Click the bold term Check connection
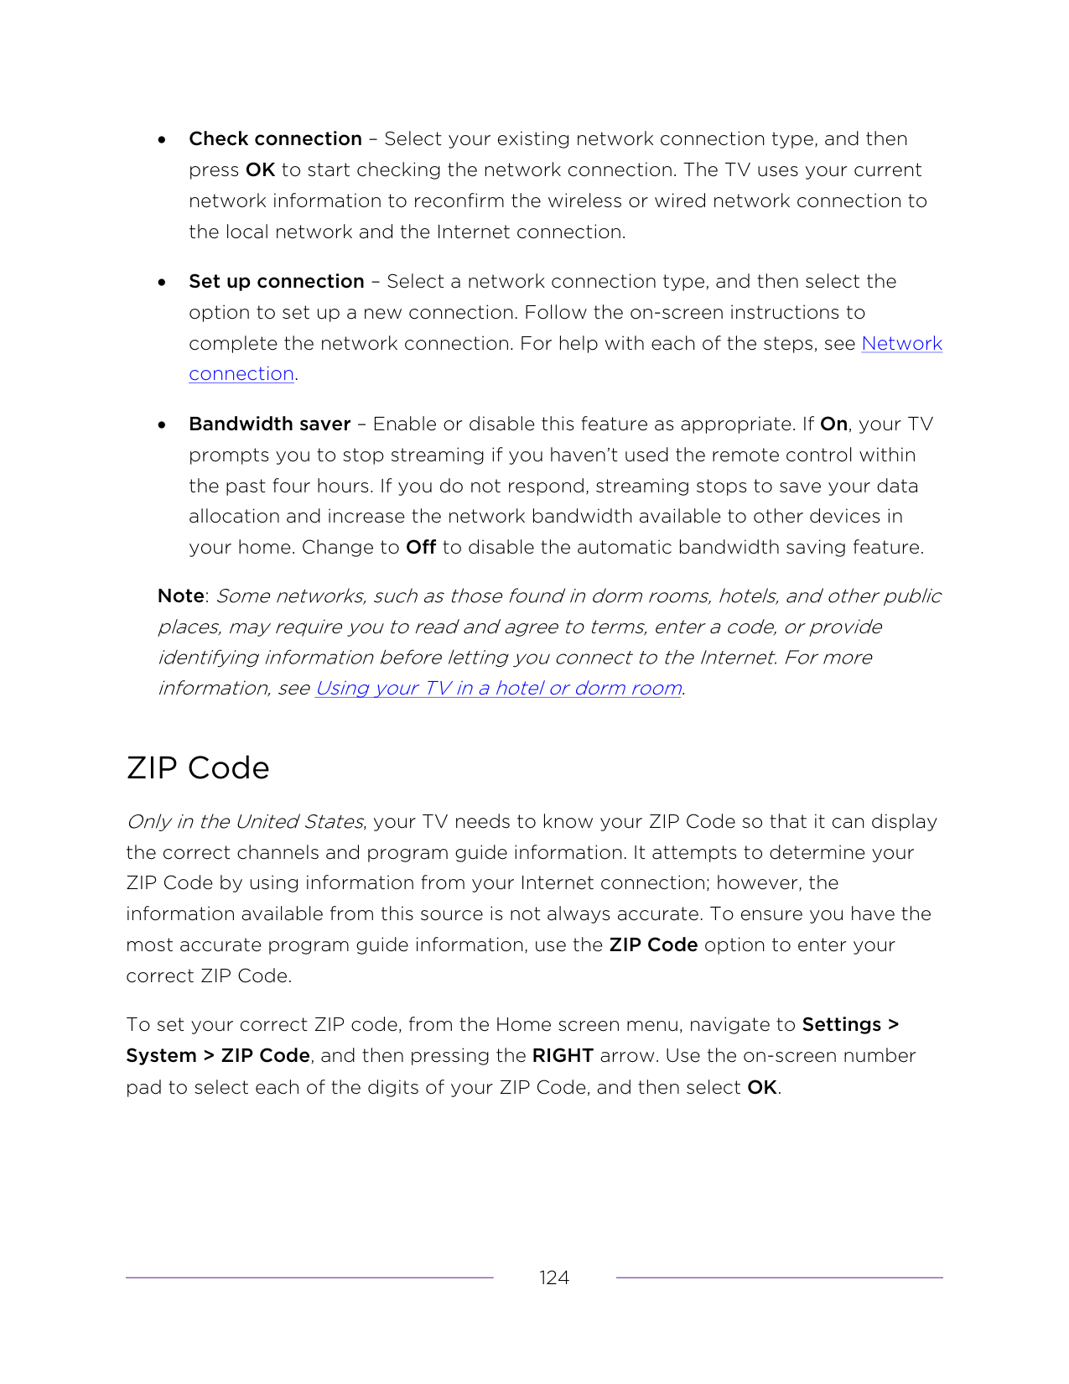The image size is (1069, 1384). [275, 139]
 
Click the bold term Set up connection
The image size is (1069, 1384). [276, 282]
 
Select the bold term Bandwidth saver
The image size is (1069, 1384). [269, 424]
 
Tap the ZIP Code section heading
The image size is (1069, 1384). [198, 768]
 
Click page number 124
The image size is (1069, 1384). [554, 1277]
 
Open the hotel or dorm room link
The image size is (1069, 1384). [498, 689]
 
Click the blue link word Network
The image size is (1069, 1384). [901, 344]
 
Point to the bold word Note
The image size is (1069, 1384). [180, 596]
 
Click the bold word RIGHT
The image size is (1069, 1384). [563, 1056]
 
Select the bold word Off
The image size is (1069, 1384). [420, 548]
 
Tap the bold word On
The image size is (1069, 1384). [833, 424]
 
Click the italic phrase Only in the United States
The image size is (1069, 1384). [245, 822]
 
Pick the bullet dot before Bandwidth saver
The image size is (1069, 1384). [162, 425]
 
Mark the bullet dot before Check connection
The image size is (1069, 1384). [162, 140]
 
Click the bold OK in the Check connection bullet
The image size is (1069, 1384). [260, 170]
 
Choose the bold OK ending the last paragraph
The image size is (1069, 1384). [761, 1088]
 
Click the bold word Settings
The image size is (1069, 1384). [841, 1025]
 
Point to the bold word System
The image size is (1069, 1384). [161, 1056]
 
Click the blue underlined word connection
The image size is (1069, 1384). [241, 374]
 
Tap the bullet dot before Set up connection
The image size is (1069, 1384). [162, 283]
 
